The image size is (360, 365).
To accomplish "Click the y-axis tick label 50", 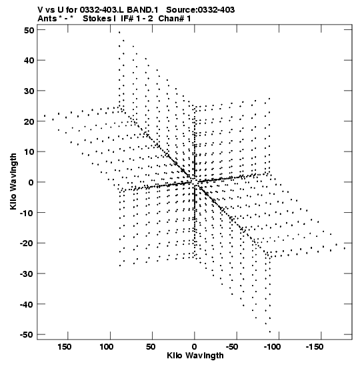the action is [x=29, y=30].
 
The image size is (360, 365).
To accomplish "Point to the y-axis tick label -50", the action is [x=27, y=335].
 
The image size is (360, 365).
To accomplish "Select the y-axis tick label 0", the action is [x=31, y=182].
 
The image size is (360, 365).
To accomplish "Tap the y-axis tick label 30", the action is [x=29, y=91].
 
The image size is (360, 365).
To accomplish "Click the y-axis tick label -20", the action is [x=27, y=244].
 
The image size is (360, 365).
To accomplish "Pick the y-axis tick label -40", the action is [x=27, y=304].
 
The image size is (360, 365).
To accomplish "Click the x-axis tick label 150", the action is [x=65, y=347].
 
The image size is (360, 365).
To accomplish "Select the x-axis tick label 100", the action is [x=107, y=347].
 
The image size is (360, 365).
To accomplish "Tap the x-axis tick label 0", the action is [x=195, y=347].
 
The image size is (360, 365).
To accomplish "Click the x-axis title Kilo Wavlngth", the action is [x=195, y=356].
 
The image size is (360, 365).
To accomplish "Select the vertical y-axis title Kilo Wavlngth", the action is [x=13, y=181].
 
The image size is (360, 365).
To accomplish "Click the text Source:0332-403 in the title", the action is [x=200, y=10].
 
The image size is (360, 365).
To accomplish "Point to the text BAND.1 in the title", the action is [x=142, y=10].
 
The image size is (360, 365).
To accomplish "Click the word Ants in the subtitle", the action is [x=47, y=19].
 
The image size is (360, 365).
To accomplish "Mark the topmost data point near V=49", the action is [x=119, y=32].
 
